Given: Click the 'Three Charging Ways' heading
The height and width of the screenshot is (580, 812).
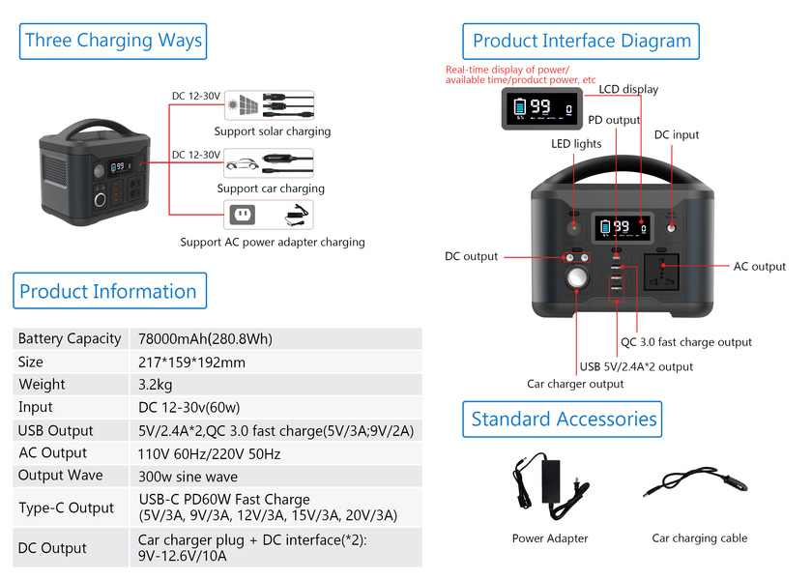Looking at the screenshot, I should pyautogui.click(x=113, y=41).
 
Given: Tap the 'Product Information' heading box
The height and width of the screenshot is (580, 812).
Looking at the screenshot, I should pyautogui.click(x=107, y=291).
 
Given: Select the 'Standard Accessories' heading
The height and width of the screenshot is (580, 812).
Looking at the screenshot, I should pyautogui.click(x=564, y=420).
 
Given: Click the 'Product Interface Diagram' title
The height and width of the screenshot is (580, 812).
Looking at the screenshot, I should pyautogui.click(x=581, y=42).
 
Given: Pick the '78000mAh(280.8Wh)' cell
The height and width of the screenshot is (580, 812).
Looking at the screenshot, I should pyautogui.click(x=205, y=338).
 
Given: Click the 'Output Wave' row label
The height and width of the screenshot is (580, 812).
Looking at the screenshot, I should pyautogui.click(x=60, y=476).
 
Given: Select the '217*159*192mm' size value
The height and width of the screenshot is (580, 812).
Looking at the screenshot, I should pyautogui.click(x=192, y=362).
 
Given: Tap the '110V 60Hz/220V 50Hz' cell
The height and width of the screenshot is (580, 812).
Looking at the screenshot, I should pyautogui.click(x=210, y=453).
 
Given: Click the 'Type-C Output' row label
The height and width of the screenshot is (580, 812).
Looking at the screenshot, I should pyautogui.click(x=66, y=507).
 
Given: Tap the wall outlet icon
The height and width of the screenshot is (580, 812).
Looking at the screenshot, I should pyautogui.click(x=242, y=214).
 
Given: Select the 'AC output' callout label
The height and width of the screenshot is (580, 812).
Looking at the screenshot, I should pyautogui.click(x=760, y=267).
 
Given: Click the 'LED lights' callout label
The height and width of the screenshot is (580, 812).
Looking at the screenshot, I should pyautogui.click(x=576, y=144).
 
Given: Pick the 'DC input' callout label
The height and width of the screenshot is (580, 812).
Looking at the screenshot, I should pyautogui.click(x=677, y=135).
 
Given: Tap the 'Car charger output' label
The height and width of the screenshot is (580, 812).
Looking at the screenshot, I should pyautogui.click(x=575, y=384).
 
